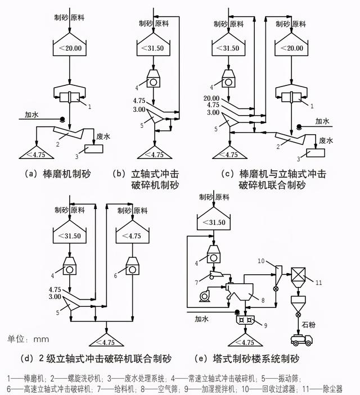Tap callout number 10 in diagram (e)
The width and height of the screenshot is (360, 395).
(x=261, y=261)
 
